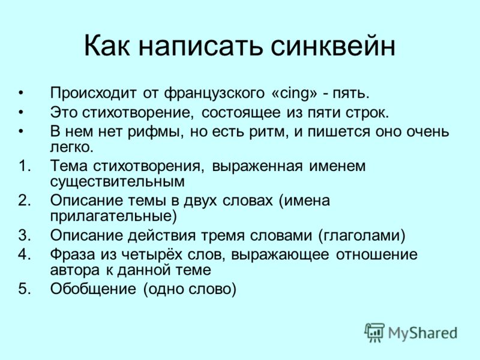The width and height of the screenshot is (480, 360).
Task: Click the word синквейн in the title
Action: coord(334,46)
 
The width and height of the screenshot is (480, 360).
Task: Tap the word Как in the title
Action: coord(107,46)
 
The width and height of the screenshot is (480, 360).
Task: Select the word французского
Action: coord(214,93)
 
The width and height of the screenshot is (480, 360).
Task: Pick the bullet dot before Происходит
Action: coord(21,93)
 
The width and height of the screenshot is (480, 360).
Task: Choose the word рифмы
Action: coord(155,132)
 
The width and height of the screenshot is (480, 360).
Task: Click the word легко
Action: coord(71,147)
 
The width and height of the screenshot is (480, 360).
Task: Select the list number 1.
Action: coord(25,166)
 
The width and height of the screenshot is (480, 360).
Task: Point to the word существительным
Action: coord(117,182)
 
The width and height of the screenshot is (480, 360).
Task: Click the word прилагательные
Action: coord(113,217)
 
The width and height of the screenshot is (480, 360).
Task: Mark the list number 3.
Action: coord(25,235)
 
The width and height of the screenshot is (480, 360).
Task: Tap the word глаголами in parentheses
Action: coord(362,236)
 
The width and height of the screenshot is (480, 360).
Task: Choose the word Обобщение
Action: coord(93,289)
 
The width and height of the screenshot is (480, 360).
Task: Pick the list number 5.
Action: coord(25,289)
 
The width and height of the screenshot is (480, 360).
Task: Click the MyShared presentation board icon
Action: coord(374,332)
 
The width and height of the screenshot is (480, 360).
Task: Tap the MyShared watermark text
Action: coord(422,333)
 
